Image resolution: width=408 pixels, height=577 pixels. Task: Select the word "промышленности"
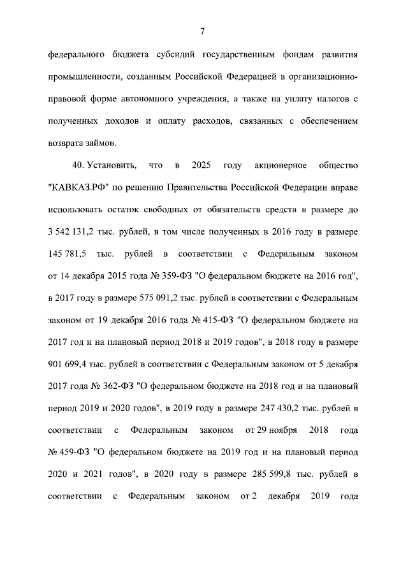pyautogui.click(x=84, y=76)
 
